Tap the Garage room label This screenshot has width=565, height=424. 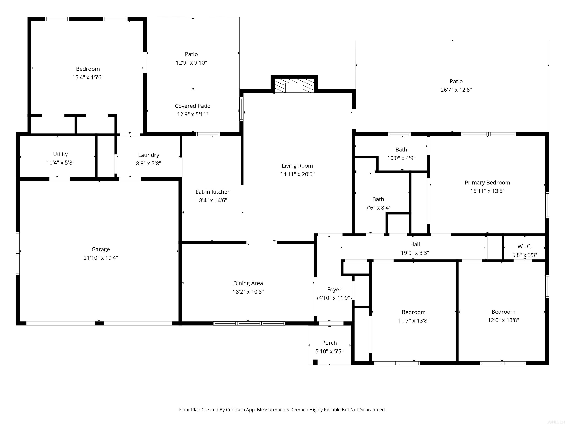(x=101, y=249)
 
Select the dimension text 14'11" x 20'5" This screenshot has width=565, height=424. (x=297, y=174)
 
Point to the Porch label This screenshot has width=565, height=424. (x=329, y=343)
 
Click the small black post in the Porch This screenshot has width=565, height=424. (x=315, y=362)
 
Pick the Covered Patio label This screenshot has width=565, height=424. (x=193, y=106)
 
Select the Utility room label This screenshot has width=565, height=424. (x=60, y=154)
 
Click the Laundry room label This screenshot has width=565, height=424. (x=148, y=155)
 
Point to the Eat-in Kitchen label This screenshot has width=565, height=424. (x=213, y=192)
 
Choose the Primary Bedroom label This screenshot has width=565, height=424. (x=487, y=183)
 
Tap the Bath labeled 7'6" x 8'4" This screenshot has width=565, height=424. (x=378, y=199)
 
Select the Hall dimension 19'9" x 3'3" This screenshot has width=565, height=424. (x=415, y=253)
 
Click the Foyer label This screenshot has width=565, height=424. (x=334, y=289)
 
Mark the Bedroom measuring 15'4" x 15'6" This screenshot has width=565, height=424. (x=88, y=69)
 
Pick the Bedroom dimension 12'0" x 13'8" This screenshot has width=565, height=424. (x=503, y=320)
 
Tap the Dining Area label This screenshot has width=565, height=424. (x=248, y=283)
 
